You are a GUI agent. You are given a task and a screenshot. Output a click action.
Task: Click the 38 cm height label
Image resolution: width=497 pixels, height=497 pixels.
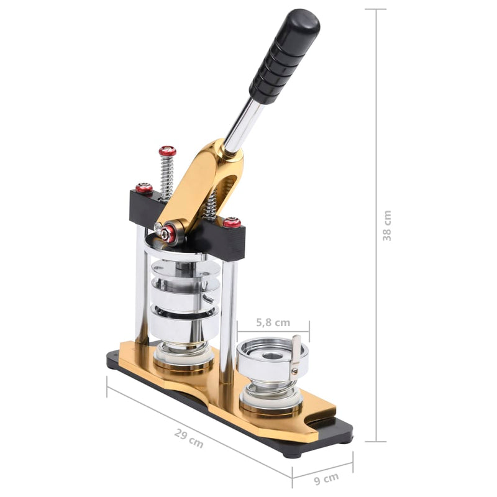click(387, 226)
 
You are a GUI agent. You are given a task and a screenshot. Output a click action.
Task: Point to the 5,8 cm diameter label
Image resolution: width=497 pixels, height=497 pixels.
click(273, 322)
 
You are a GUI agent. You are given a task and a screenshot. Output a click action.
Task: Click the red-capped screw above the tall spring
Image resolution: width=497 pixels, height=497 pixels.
click(167, 151)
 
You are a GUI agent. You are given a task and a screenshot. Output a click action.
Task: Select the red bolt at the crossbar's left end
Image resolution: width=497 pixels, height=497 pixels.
click(144, 188)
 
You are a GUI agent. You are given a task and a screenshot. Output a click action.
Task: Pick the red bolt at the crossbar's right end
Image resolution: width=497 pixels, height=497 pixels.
click(232, 222)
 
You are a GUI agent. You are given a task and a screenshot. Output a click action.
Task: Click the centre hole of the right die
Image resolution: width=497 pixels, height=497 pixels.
click(270, 355)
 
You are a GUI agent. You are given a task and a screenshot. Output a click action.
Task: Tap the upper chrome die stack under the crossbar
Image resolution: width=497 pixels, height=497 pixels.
click(184, 292)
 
